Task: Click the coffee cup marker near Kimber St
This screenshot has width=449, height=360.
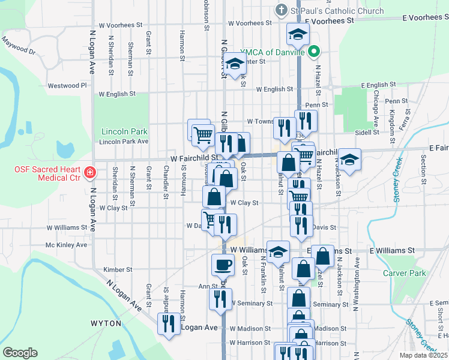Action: (x=222, y=264)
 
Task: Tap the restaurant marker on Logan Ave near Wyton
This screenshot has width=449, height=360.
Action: (x=167, y=324)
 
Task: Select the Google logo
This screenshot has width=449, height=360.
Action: (x=20, y=353)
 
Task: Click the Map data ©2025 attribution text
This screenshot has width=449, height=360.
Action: (x=424, y=355)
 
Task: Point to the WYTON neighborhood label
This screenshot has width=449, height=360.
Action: (x=106, y=323)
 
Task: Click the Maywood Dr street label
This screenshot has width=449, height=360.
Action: (x=19, y=47)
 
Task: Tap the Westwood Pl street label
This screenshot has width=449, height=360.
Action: (x=67, y=86)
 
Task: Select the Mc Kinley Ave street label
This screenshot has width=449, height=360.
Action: (x=66, y=245)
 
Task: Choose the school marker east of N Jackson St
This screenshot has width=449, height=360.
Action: (x=349, y=160)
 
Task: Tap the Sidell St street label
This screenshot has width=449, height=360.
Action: (x=364, y=131)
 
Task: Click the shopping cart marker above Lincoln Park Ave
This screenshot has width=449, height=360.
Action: (x=203, y=134)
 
